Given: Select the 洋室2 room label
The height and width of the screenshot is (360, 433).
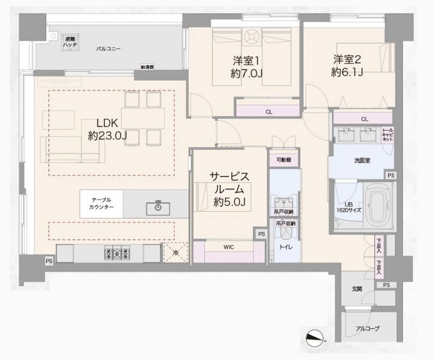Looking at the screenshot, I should pos(347,59).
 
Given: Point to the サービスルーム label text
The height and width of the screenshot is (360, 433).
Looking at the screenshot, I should pos(229,182).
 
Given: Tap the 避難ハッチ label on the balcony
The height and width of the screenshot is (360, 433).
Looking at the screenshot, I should pos(70,40).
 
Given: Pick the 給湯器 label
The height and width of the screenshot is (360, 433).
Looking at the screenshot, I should pos(148,67).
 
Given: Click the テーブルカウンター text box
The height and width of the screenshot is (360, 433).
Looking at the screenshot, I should pos(101,204).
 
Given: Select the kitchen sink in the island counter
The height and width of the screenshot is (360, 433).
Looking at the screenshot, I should pos(158,208).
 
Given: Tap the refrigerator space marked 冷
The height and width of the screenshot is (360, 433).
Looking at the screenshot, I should pos(175,253).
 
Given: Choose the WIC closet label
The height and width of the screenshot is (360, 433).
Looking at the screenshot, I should pos(228,247).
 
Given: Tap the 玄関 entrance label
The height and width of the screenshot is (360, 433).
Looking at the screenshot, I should pos(357,289).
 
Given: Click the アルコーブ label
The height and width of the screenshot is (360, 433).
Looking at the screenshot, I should pos(368,328).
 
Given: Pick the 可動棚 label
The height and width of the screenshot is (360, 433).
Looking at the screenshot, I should pos(284,160).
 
